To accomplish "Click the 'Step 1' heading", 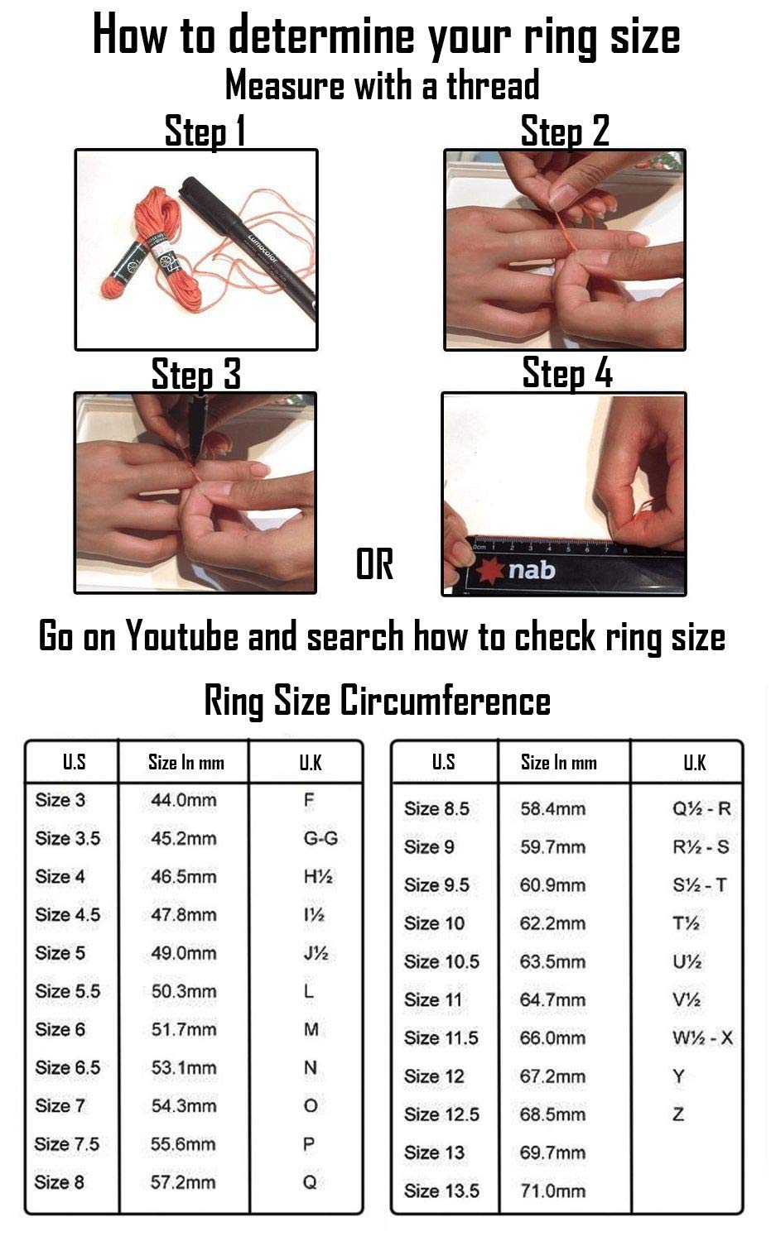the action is [x=205, y=131].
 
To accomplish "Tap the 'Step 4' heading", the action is [x=567, y=373].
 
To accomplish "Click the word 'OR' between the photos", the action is [x=375, y=564].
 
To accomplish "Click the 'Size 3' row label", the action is [x=60, y=800].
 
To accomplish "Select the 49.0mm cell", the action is [x=184, y=953].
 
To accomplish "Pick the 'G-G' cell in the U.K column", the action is [x=320, y=838].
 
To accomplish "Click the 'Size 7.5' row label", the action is [x=66, y=1144].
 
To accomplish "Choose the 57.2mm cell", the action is [x=183, y=1182].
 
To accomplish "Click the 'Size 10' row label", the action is [x=434, y=923].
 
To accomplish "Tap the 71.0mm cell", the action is [x=552, y=1191].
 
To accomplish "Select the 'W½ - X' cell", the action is [x=703, y=1037].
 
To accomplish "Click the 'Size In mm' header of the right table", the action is [x=559, y=763].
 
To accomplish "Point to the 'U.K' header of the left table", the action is [x=311, y=763].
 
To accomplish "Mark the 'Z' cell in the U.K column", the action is [x=678, y=1114].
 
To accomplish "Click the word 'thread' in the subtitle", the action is [x=493, y=85].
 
